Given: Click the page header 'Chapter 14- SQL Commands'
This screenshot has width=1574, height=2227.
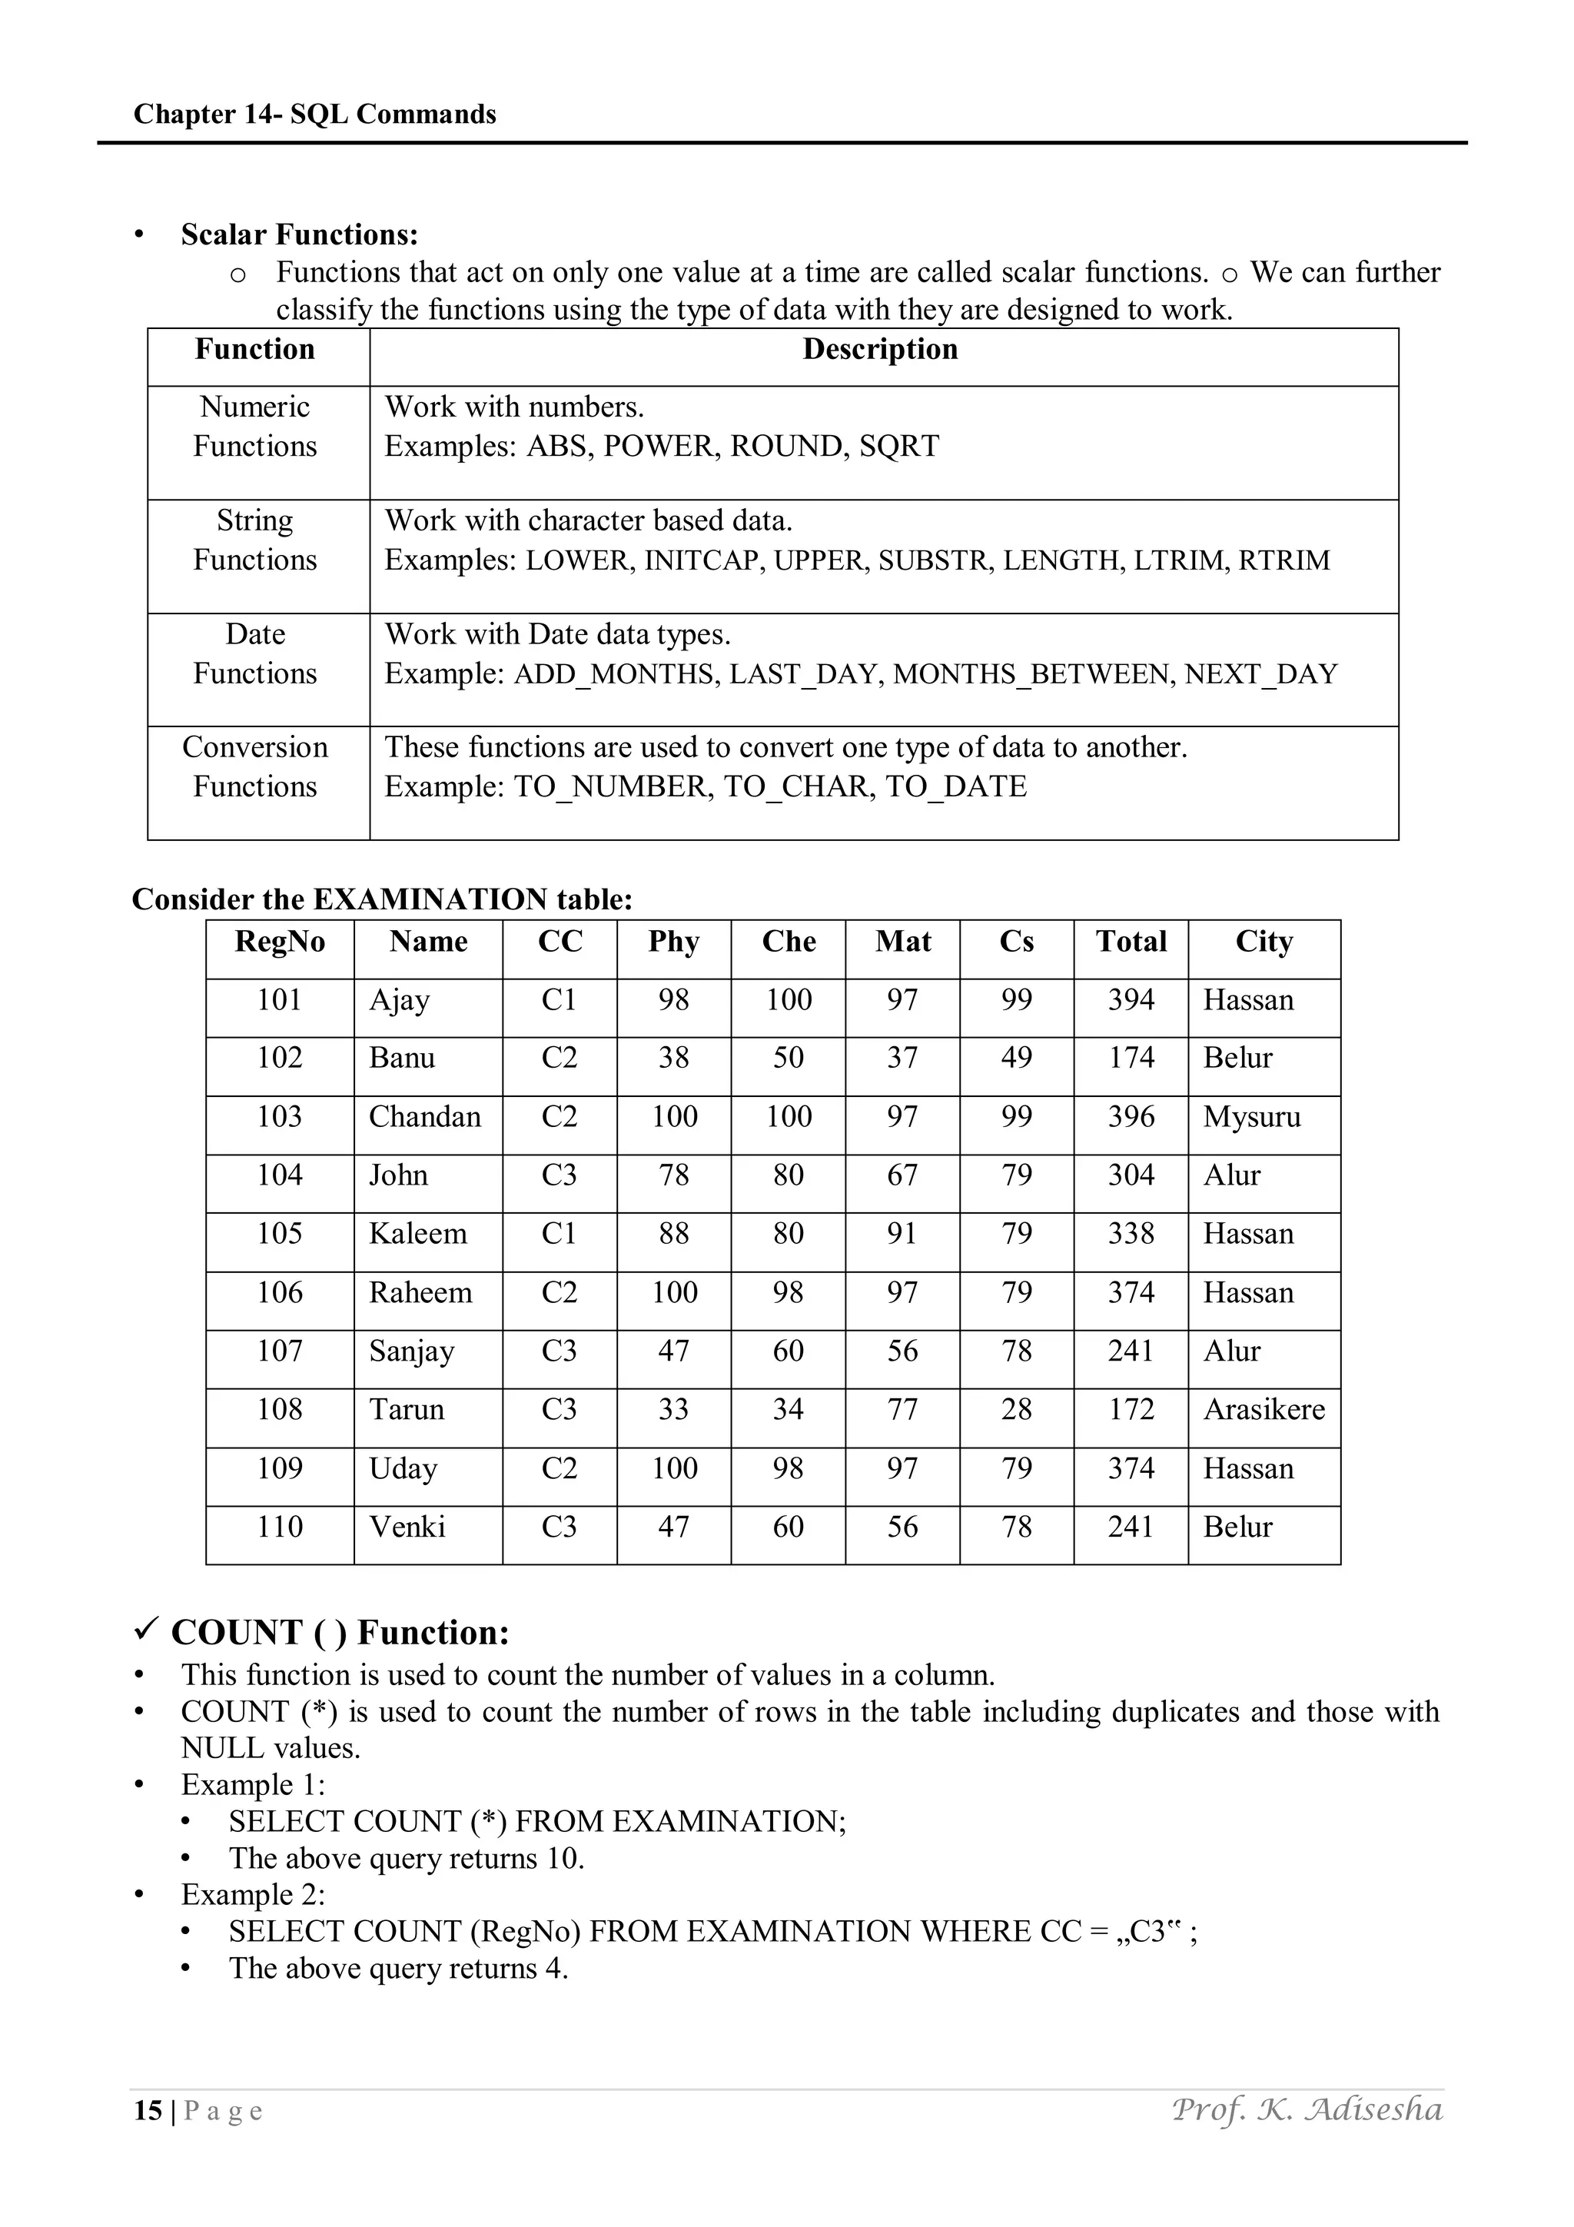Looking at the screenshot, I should (x=314, y=115).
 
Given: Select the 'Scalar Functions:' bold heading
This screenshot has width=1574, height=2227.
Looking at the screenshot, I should (x=300, y=234).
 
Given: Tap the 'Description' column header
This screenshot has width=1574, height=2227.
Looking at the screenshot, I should (x=880, y=349).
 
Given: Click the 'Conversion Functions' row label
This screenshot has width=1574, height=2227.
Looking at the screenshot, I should (x=255, y=766).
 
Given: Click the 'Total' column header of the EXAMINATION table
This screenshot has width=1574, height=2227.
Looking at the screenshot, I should (x=1131, y=942).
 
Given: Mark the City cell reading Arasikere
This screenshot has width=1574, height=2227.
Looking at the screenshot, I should (x=1264, y=1409).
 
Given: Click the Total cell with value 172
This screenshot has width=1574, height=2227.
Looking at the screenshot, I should (x=1131, y=1409).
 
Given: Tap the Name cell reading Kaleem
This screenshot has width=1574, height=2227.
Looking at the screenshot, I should (x=418, y=1234).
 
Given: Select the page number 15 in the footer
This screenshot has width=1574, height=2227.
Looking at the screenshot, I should (x=148, y=2112).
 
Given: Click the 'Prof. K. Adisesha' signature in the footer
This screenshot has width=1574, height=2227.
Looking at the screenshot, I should (x=1307, y=2109).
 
